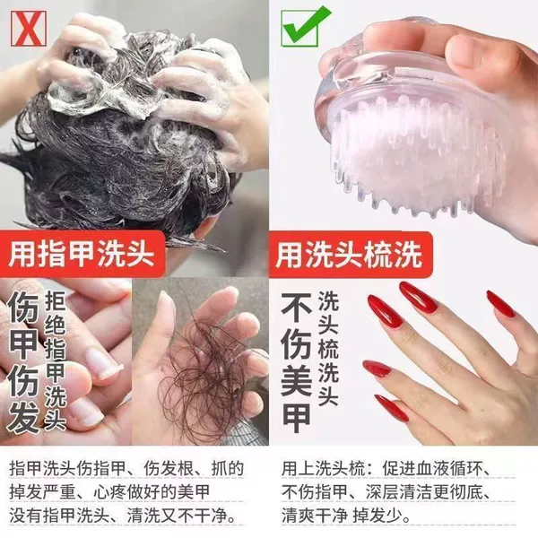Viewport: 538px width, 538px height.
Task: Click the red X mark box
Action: pyautogui.click(x=29, y=28)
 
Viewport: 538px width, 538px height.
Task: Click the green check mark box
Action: pyautogui.click(x=303, y=27)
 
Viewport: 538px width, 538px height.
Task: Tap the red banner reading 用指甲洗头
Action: pyautogui.click(x=82, y=254)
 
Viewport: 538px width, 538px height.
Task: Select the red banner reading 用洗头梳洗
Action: pyautogui.click(x=350, y=255)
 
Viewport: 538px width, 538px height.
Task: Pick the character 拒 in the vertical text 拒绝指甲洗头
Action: pyautogui.click(x=56, y=301)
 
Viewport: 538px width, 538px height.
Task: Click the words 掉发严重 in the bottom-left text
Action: pyautogui.click(x=42, y=492)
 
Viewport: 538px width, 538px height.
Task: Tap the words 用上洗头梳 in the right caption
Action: pyautogui.click(x=323, y=469)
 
